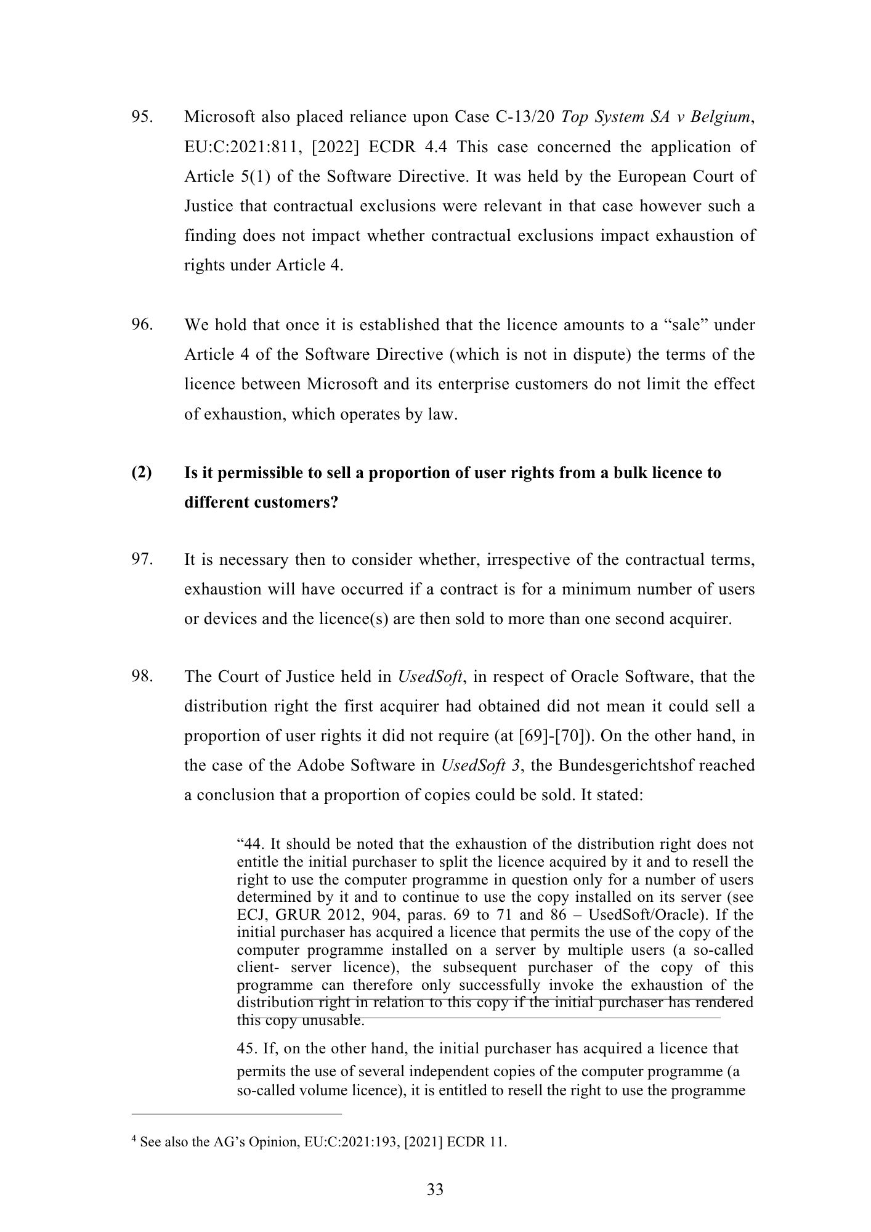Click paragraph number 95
(x=142, y=117)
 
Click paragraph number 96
(x=142, y=325)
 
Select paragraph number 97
(x=142, y=560)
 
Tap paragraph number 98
(x=142, y=677)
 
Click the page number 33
(x=435, y=1189)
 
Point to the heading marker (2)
(x=142, y=473)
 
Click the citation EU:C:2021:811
(x=238, y=147)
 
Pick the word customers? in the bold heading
(x=298, y=503)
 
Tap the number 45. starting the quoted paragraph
(x=248, y=1048)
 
